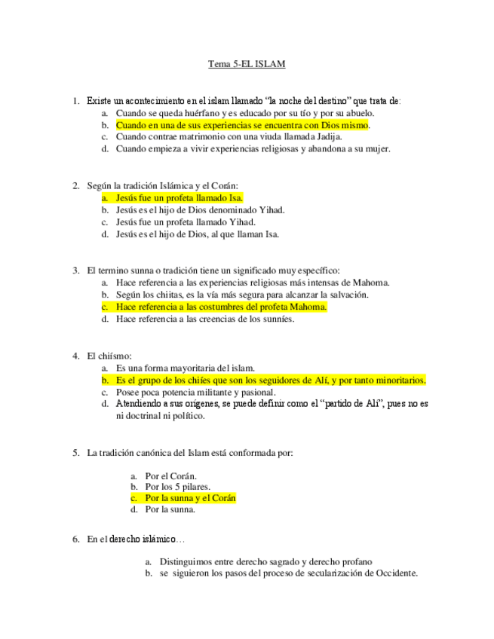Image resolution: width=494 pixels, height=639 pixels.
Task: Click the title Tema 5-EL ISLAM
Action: (247, 65)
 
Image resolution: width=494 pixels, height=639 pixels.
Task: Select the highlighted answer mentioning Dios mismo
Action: (243, 125)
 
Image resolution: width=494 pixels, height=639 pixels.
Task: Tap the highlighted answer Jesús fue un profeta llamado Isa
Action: (179, 197)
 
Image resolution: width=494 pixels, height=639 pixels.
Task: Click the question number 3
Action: (76, 271)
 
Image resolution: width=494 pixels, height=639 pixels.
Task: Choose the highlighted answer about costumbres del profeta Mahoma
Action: (222, 307)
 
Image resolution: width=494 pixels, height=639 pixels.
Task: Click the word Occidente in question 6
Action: (394, 573)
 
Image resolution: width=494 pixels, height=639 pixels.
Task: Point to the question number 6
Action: (76, 540)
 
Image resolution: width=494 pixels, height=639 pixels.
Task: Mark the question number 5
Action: (76, 453)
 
